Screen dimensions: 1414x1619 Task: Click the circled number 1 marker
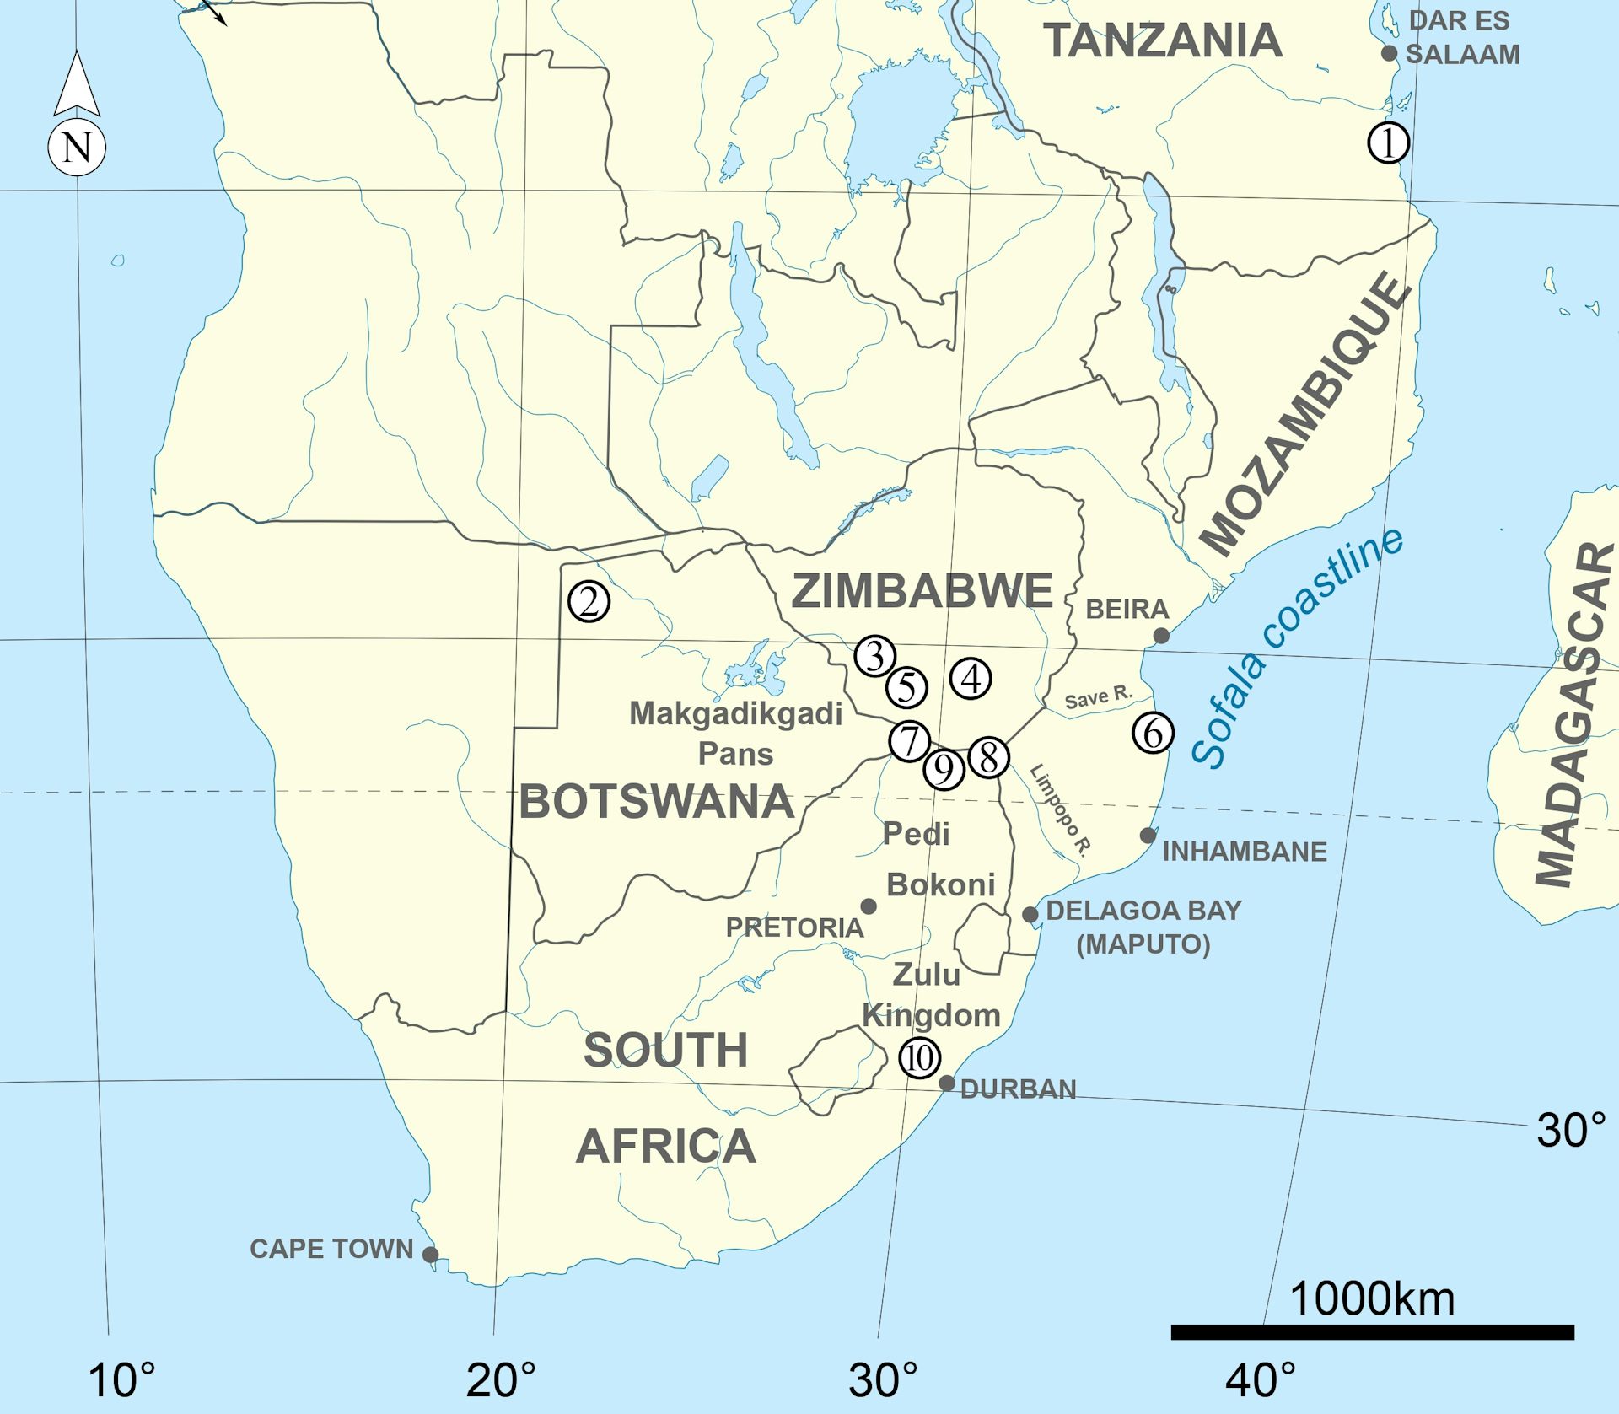pos(1388,142)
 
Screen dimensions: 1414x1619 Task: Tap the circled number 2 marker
pos(589,602)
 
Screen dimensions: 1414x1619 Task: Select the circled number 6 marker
pos(1153,732)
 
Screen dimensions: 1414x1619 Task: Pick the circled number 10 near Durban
pos(919,1057)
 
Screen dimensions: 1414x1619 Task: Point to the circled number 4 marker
pos(971,678)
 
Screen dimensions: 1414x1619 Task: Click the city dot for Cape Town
pos(430,1254)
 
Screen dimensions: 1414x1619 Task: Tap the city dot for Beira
pos(1161,635)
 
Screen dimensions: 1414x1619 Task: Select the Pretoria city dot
pos(869,906)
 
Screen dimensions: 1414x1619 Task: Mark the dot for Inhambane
pos(1148,835)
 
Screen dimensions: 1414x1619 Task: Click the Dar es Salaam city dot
pos(1389,53)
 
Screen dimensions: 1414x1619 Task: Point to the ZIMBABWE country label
pos(922,590)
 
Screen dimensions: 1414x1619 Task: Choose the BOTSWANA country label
pos(656,801)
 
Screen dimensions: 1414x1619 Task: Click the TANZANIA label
pos(1163,40)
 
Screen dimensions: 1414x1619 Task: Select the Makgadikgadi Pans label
pos(735,733)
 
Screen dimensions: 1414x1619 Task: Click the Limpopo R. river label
pos(1061,810)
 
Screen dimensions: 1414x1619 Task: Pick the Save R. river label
pos(1097,697)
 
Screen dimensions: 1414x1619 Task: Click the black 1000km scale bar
pos(1372,1332)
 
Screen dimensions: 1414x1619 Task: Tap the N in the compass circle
pos(77,148)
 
